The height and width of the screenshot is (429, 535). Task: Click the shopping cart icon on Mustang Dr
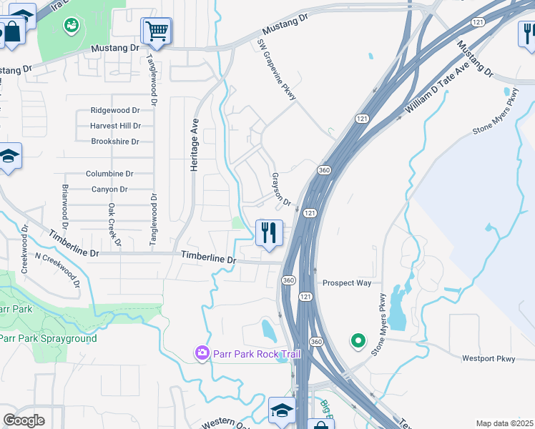coord(156,31)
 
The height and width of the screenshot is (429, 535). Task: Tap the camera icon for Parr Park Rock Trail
coord(202,353)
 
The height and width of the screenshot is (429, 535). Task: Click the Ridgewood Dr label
coord(114,111)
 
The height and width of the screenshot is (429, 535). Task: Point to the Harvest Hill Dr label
coord(115,126)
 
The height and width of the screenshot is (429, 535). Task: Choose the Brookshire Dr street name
coord(114,142)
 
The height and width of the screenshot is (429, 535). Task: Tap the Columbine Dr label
coord(109,174)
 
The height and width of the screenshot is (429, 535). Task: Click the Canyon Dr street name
coord(109,189)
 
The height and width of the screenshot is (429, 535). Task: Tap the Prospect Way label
coord(347,283)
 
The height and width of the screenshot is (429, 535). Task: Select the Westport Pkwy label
coord(489,358)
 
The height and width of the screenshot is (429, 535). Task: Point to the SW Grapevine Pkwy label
coord(276,69)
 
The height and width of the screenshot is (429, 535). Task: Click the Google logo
coord(24,420)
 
